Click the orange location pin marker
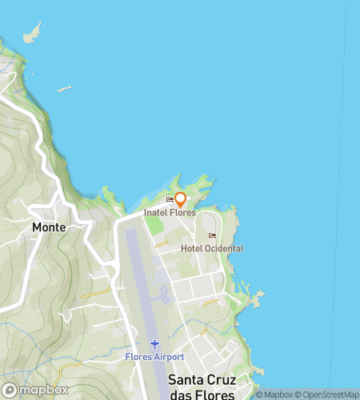(x=181, y=199)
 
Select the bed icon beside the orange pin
(x=169, y=200)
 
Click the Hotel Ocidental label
(x=212, y=249)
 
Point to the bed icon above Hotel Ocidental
(x=212, y=235)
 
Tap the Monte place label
(x=49, y=227)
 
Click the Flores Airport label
(x=155, y=356)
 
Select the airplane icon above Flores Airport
(x=155, y=343)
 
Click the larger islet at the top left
(x=32, y=34)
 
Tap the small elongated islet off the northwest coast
(x=64, y=89)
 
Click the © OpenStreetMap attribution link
(x=329, y=394)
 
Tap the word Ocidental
(x=224, y=249)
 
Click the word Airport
(x=170, y=356)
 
